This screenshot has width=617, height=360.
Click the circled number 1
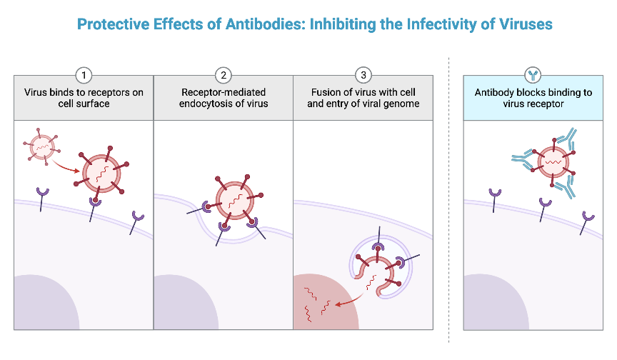point(84,75)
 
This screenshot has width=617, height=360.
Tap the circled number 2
point(224,75)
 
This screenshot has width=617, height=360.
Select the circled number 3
point(363,75)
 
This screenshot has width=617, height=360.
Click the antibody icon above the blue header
point(533,75)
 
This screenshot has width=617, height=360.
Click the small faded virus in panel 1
point(42,146)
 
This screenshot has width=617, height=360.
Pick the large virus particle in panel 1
point(102,171)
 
